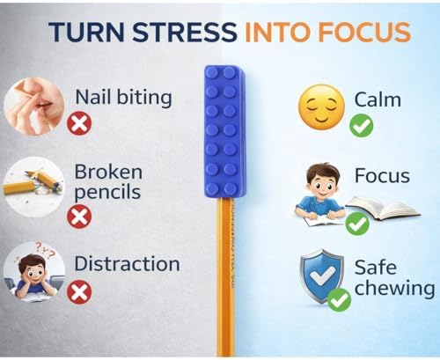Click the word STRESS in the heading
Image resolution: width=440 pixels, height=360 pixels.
(185, 32)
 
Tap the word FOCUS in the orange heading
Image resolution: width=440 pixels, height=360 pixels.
(364, 32)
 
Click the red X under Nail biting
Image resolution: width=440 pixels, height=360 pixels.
(79, 124)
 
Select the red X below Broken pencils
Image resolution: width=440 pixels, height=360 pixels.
(79, 217)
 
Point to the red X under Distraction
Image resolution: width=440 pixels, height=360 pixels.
(79, 291)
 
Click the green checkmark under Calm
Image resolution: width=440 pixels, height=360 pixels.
(362, 126)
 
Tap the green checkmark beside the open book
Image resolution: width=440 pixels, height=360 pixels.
(357, 224)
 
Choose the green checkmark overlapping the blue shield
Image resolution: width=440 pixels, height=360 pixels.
(339, 300)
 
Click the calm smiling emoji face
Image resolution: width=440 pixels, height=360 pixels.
(321, 107)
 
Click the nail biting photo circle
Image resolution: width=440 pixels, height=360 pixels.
(34, 107)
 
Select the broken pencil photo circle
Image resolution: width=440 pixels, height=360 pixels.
(34, 187)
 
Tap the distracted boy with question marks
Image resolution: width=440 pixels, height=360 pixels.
(34, 272)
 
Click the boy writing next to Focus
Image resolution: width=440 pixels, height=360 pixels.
(319, 195)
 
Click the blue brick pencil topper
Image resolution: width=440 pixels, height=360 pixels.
(225, 131)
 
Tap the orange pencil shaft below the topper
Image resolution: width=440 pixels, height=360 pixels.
(227, 276)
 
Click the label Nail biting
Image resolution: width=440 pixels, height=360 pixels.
(123, 98)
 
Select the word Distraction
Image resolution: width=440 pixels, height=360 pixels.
(127, 263)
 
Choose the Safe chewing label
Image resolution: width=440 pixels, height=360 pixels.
(394, 278)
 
